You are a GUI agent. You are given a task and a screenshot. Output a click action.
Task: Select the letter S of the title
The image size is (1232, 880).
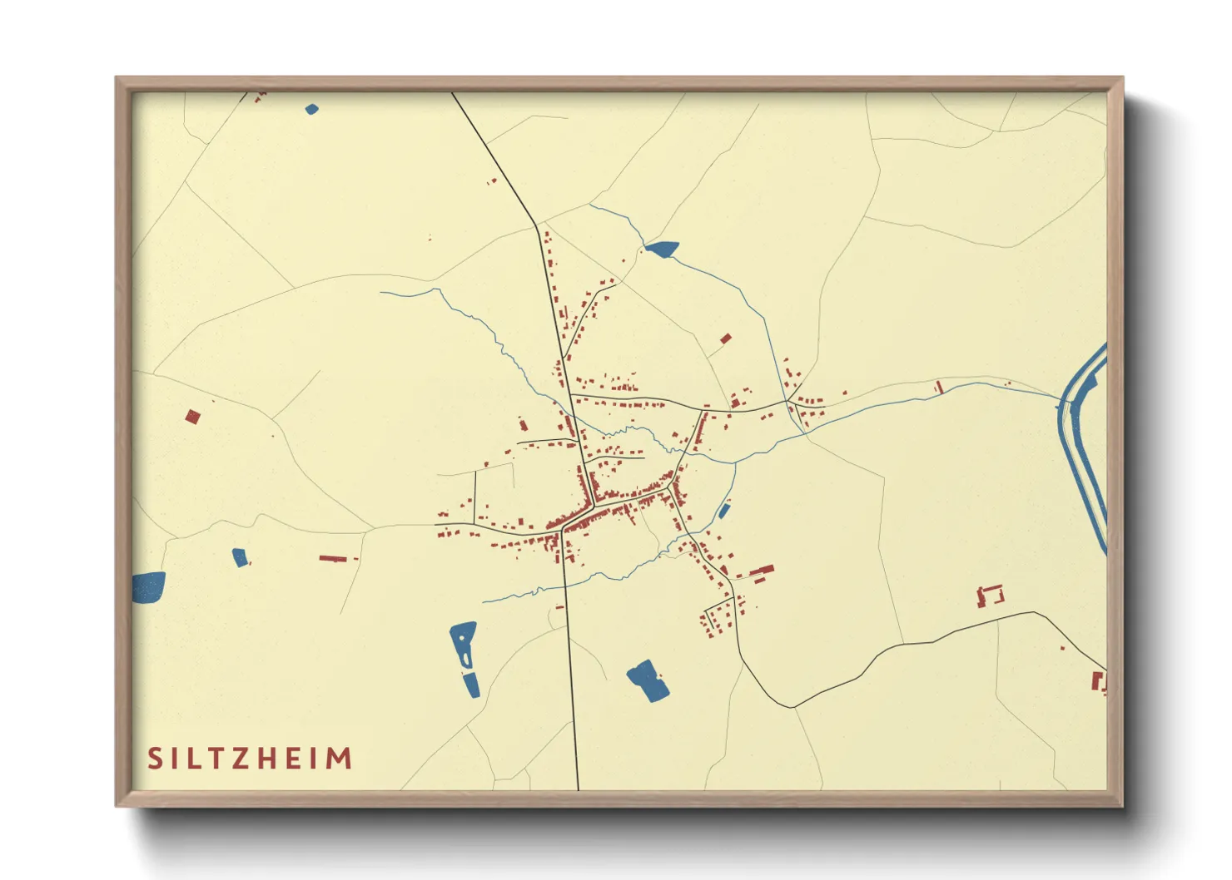click(155, 759)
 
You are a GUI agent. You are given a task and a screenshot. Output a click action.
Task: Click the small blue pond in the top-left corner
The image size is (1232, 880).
click(311, 109)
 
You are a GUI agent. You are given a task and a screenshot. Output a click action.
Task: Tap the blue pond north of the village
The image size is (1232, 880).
click(662, 248)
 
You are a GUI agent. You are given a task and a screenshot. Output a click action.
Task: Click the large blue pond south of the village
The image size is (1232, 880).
click(648, 680)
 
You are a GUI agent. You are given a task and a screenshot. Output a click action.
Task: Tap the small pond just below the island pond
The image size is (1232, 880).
click(471, 685)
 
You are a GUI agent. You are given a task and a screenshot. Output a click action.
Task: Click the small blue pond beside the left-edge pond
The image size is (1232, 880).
click(240, 557)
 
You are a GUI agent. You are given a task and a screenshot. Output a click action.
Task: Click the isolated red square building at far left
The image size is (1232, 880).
click(192, 417)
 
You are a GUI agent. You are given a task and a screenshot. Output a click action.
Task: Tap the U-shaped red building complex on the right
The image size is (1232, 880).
click(991, 596)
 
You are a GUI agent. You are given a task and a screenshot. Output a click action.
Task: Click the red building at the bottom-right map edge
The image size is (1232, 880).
click(1099, 682)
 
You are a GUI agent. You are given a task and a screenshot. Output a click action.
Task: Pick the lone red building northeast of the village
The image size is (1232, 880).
click(726, 339)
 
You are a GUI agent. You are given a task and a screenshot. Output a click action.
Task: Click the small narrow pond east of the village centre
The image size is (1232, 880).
click(723, 511)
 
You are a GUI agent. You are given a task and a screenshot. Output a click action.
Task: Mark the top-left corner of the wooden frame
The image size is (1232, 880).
click(117, 79)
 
